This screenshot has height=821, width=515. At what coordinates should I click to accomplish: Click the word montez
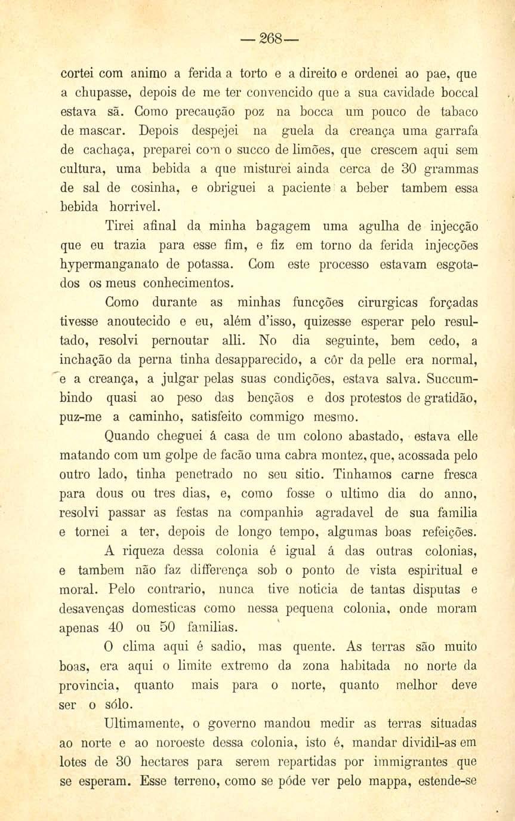pyautogui.click(x=343, y=456)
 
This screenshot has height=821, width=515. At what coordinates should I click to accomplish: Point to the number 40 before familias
pyautogui.click(x=113, y=628)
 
